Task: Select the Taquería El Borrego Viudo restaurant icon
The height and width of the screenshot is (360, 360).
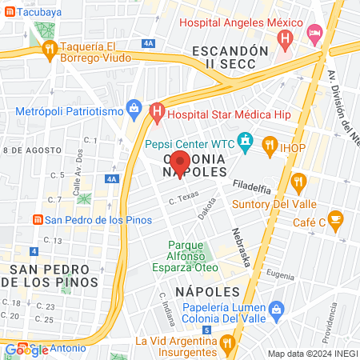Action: point(50,49)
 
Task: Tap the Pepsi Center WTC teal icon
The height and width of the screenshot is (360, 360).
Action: point(246,145)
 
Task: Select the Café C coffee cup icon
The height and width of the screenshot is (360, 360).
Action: point(335,218)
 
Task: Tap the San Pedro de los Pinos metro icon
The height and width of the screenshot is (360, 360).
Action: point(36,220)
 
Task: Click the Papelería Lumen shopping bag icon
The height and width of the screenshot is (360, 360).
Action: point(277,309)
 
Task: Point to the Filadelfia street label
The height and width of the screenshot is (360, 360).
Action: point(252,186)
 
